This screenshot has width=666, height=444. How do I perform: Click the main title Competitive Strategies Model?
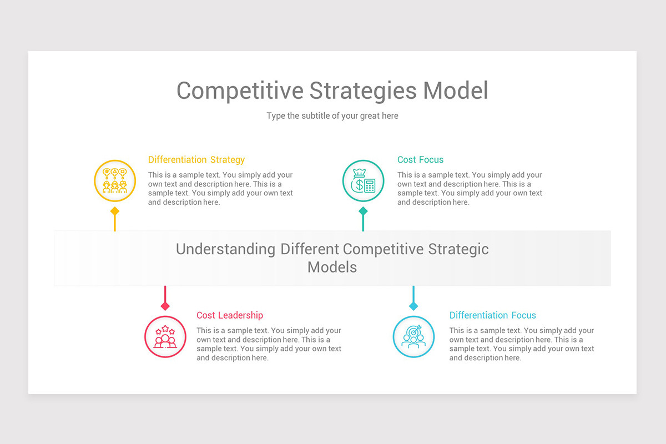tap(332, 90)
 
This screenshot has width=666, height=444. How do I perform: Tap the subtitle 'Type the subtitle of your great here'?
tap(332, 116)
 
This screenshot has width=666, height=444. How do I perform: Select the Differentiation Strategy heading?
tap(196, 160)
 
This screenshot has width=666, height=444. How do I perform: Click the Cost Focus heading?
tap(420, 160)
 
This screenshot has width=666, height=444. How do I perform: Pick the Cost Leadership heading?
tap(229, 315)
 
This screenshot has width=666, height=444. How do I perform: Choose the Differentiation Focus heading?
tap(492, 315)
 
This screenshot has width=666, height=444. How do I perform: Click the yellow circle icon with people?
tap(115, 180)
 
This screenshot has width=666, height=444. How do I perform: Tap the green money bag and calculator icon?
tap(363, 180)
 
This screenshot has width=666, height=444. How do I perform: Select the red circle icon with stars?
tap(165, 336)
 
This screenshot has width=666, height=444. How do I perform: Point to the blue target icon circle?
tap(413, 336)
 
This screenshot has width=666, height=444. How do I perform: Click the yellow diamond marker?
tap(115, 211)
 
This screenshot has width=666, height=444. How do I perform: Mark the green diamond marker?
tap(363, 211)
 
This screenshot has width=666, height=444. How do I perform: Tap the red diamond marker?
tap(165, 306)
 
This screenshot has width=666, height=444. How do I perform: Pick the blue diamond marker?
tap(413, 306)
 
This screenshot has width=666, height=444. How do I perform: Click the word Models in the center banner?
tap(332, 267)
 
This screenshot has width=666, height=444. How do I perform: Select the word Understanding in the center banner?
tap(225, 249)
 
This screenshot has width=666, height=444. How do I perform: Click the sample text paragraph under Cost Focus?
tap(470, 189)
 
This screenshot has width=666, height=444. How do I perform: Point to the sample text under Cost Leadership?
tap(269, 344)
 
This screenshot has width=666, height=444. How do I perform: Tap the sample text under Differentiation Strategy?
tap(220, 189)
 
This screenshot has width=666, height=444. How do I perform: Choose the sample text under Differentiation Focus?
tap(521, 344)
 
